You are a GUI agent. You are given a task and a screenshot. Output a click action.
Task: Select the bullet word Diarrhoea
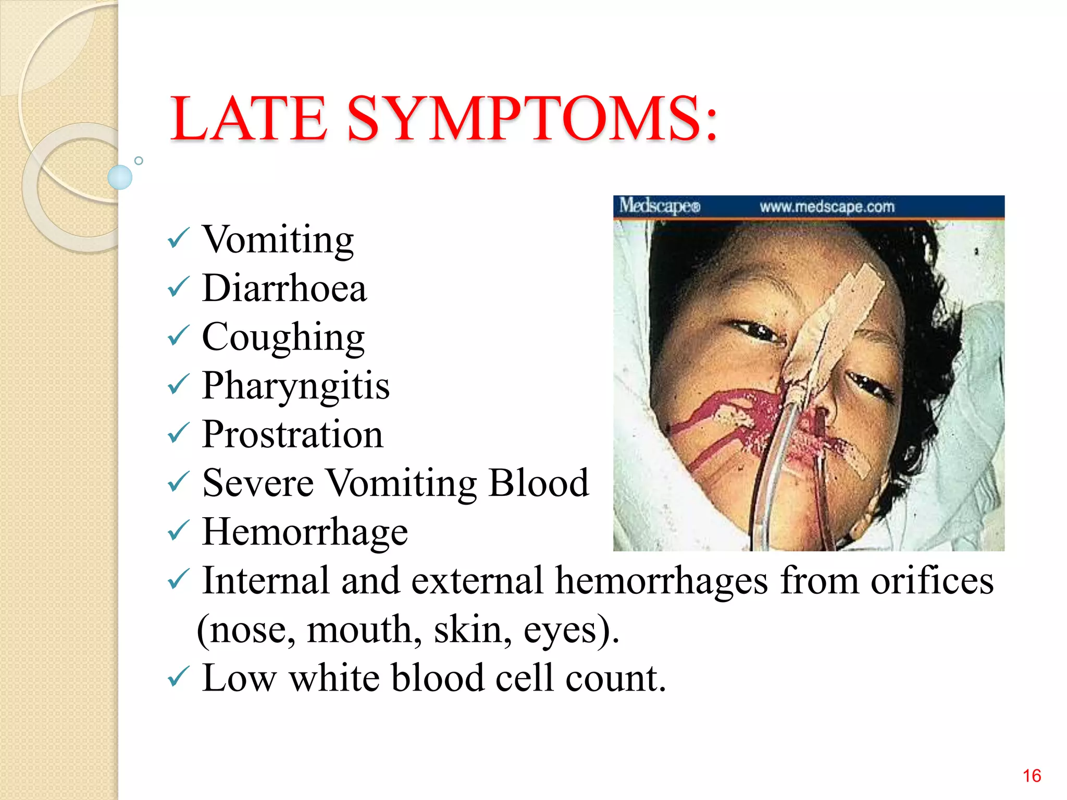click(284, 288)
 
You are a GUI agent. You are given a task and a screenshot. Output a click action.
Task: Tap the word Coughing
click(283, 337)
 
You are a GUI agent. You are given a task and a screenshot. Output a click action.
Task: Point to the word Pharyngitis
click(295, 386)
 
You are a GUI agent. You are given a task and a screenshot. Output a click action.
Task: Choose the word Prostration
click(292, 434)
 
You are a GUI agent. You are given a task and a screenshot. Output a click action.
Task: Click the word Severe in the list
click(258, 483)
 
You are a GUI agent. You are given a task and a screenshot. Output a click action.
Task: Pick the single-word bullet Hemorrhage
click(305, 532)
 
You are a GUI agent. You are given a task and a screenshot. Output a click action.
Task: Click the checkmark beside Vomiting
click(178, 239)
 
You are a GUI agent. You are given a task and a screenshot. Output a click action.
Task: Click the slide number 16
click(1032, 776)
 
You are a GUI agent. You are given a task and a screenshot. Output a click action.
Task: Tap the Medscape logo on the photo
click(659, 206)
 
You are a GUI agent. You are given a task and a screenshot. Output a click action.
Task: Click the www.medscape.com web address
click(827, 207)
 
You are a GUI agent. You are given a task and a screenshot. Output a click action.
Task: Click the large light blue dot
click(120, 177)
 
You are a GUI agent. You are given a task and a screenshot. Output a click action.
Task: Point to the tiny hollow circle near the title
click(139, 160)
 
